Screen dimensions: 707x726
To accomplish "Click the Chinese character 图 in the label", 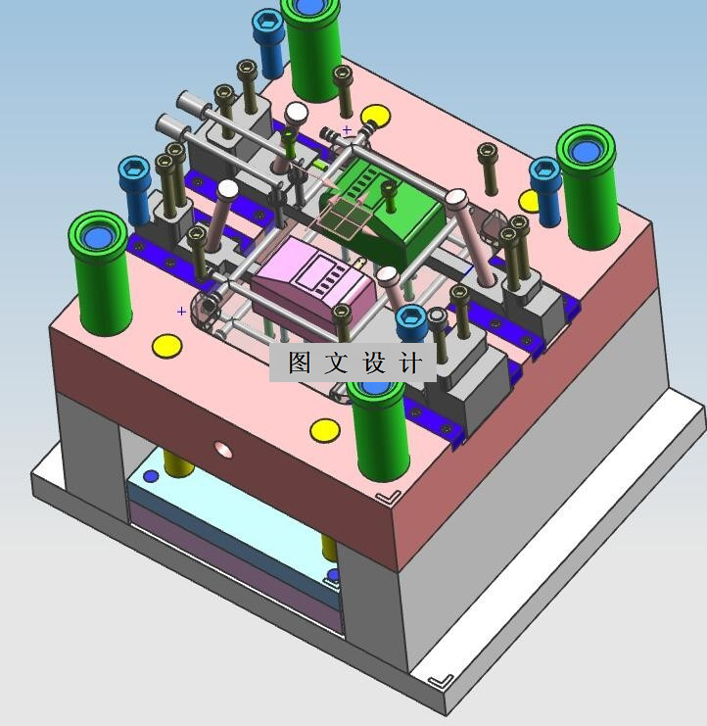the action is point(300,363).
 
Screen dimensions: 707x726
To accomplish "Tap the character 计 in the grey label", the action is point(410,363).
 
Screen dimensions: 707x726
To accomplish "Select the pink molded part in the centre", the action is point(313,282).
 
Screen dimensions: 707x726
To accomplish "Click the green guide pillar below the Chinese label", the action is point(379,430).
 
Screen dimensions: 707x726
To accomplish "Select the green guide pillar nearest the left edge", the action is point(100,273).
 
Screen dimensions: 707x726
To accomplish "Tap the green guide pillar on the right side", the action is point(589,186).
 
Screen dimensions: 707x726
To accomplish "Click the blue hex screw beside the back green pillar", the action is point(267,43).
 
